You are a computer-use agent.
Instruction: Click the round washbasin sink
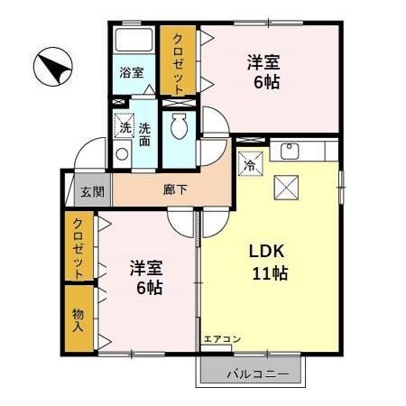pos(123,154)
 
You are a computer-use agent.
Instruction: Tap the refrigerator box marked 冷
pos(250,164)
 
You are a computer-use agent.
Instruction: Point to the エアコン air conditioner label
pos(221,339)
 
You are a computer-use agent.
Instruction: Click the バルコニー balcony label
pos(255,372)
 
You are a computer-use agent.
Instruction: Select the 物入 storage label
pos(78,318)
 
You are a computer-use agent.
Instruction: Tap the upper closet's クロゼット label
pos(178,60)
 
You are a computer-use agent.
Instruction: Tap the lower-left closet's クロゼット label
pos(78,248)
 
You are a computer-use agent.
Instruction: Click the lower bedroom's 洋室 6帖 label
pos(145,278)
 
